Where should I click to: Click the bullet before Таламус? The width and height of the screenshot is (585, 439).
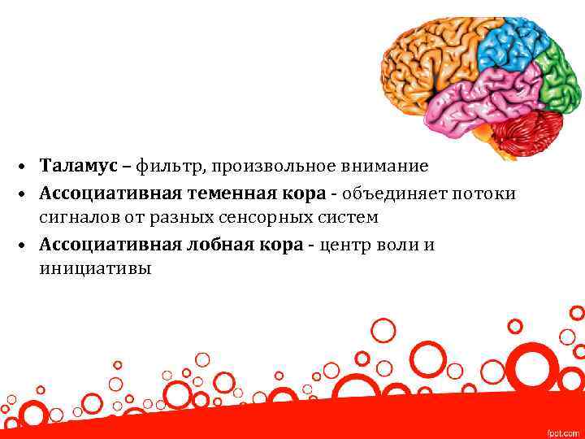tap(27, 167)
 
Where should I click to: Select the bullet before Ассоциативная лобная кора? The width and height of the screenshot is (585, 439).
tap(27, 246)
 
